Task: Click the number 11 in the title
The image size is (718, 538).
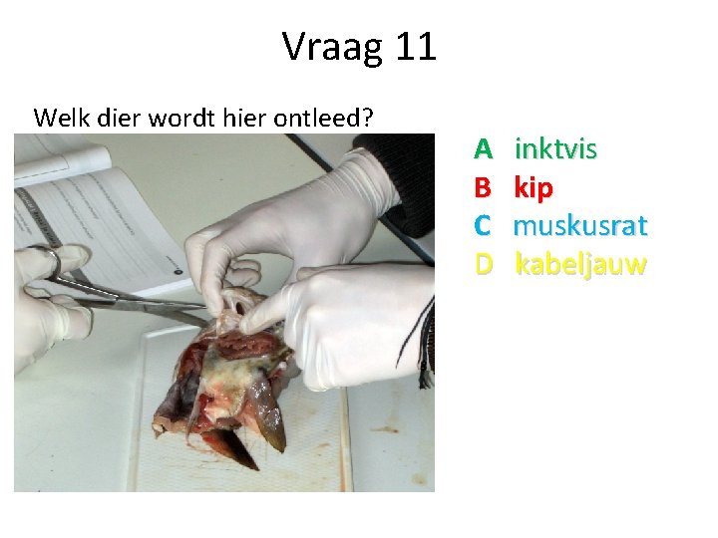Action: [415, 47]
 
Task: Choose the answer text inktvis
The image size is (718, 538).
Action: [555, 150]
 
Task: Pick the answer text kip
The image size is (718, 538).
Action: [534, 188]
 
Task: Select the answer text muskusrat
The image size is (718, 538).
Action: [580, 226]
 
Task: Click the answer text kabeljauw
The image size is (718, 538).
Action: [580, 265]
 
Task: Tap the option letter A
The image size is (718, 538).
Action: [484, 150]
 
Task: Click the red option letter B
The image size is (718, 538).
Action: [484, 188]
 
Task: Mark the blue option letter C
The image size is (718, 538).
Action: [484, 226]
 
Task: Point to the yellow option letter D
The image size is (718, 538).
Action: [484, 265]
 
